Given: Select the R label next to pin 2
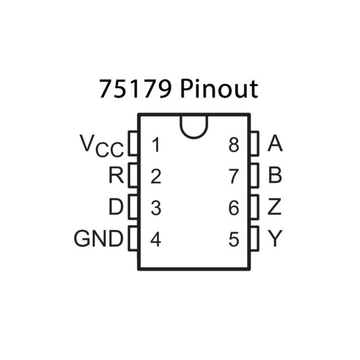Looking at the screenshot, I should [116, 176].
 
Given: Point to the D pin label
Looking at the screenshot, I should [116, 208].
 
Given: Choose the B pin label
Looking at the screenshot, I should [275, 176].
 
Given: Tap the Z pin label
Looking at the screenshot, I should [275, 208].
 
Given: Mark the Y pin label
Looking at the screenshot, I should [275, 239].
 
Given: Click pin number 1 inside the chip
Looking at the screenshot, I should [156, 146].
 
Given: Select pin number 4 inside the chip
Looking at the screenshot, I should [156, 240].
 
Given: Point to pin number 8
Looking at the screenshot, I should [234, 146].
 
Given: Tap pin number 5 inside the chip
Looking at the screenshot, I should [234, 240].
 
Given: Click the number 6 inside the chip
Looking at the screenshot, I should [234, 208].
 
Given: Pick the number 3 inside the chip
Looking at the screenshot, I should [156, 208].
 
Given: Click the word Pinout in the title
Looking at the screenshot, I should [219, 89].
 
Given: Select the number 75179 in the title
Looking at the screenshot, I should [135, 89].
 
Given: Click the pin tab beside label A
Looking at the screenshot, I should [255, 144].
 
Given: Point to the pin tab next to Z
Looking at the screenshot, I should [255, 207].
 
